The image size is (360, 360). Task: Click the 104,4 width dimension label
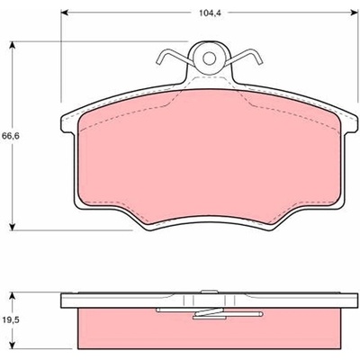tap(208, 13)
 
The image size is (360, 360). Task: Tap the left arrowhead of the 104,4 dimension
tap(65, 13)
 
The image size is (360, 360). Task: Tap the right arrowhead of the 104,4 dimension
tap(355, 13)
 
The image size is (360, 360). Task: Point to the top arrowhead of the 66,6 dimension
tap(12, 46)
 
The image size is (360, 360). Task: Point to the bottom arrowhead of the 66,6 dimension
tap(12, 226)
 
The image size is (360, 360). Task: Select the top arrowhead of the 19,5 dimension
tap(12, 297)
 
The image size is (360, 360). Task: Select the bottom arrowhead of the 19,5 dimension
tap(12, 344)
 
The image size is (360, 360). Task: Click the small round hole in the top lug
tap(209, 58)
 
